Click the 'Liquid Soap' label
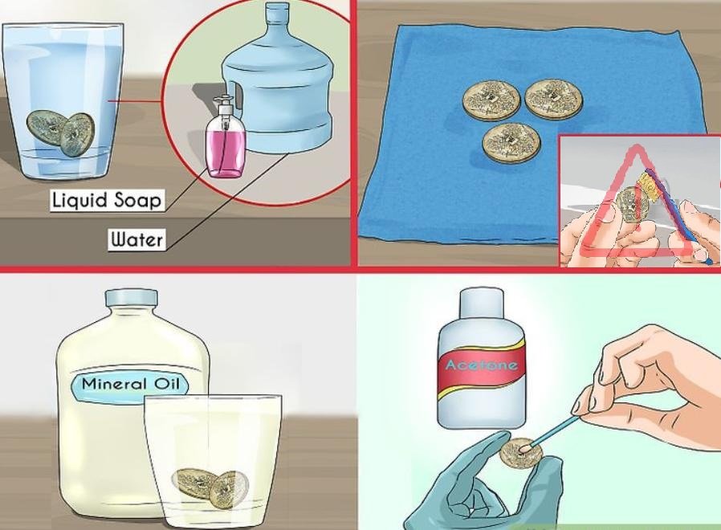[107, 201]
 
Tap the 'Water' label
[136, 239]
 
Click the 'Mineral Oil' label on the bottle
[129, 384]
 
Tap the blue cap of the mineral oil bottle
[132, 298]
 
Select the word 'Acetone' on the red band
[482, 365]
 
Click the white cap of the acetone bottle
[482, 304]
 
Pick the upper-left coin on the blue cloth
[491, 100]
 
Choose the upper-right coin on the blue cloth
[554, 100]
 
